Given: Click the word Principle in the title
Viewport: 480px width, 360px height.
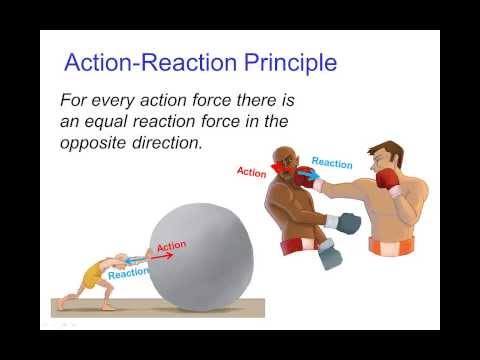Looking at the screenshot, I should click(285, 64).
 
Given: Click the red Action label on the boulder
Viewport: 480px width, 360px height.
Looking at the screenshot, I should click(171, 246).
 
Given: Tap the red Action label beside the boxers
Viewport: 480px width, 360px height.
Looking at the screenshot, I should click(251, 171).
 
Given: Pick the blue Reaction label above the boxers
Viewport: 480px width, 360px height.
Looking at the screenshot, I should click(331, 162).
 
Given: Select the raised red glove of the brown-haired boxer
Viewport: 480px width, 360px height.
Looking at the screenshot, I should click(385, 180).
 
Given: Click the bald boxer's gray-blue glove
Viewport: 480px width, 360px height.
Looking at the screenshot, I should click(347, 223).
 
